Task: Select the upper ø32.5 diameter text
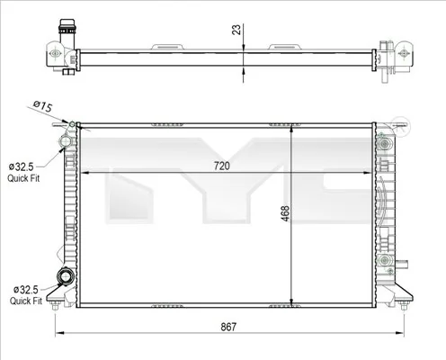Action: coord(22,167)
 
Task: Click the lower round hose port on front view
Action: coord(65,277)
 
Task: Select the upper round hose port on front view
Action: coord(64,140)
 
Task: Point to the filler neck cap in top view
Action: coord(64,28)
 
